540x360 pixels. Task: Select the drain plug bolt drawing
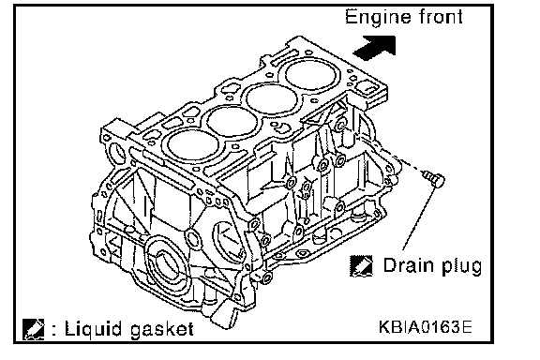[434, 178]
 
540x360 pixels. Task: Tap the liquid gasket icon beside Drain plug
[361, 266]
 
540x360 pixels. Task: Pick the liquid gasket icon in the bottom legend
[34, 329]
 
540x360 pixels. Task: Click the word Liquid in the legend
[94, 330]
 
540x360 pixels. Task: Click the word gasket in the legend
[161, 330]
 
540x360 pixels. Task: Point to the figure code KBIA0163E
[426, 327]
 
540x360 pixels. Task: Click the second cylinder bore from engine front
[271, 99]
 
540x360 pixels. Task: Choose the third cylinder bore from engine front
[232, 122]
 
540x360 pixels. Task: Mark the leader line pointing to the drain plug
[418, 217]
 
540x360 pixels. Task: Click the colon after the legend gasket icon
[53, 329]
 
